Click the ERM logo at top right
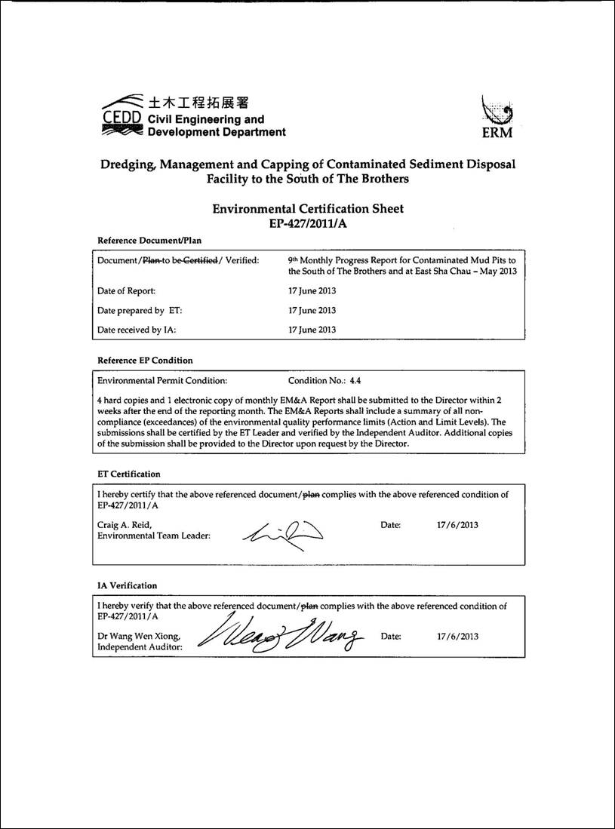tap(496, 118)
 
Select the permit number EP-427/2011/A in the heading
tap(308, 223)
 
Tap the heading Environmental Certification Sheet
tap(308, 209)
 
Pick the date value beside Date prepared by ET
tap(312, 310)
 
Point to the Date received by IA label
tap(132, 330)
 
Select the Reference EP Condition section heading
tap(145, 361)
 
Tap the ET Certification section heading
tap(129, 474)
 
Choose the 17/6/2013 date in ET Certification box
tap(457, 525)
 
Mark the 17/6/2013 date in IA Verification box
tap(457, 637)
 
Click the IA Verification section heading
tap(128, 585)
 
